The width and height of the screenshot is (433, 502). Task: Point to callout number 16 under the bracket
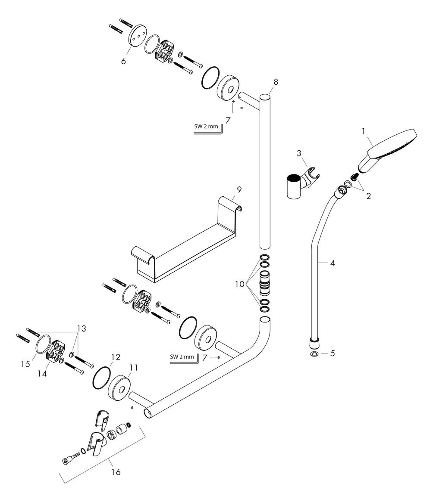click(x=115, y=472)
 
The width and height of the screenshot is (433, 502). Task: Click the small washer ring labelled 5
click(x=315, y=354)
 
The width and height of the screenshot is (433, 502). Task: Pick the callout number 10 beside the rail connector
click(x=240, y=284)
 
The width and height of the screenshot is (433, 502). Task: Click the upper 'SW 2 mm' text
click(x=205, y=127)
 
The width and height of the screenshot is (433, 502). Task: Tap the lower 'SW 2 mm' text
click(x=181, y=356)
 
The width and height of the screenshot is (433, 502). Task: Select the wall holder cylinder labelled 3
click(x=295, y=187)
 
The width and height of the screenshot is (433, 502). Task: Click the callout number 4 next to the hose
click(x=332, y=262)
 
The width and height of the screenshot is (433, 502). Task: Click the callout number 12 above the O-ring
click(x=115, y=357)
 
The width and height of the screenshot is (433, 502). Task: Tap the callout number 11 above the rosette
click(x=135, y=367)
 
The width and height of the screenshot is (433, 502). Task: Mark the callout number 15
click(x=25, y=364)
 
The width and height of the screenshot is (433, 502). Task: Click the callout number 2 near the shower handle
click(x=368, y=196)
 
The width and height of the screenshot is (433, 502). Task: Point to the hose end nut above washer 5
click(x=314, y=344)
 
